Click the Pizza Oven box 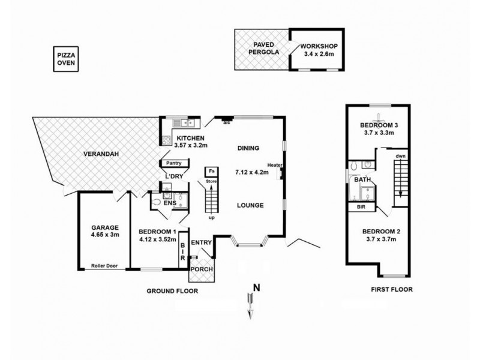pyautogui.click(x=66, y=59)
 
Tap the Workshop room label pyautogui.click(x=319, y=46)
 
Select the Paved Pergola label pyautogui.click(x=263, y=49)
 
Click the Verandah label pyautogui.click(x=101, y=154)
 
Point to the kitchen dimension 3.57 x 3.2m pyautogui.click(x=191, y=145)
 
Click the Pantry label pyautogui.click(x=173, y=163)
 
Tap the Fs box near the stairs pyautogui.click(x=212, y=172)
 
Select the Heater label pyautogui.click(x=275, y=166)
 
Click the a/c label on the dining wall pyautogui.click(x=227, y=123)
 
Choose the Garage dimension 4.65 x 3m pyautogui.click(x=105, y=235)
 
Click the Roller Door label pyautogui.click(x=104, y=266)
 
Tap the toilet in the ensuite pyautogui.click(x=156, y=202)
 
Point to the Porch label pyautogui.click(x=202, y=269)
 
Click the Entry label pyautogui.click(x=201, y=242)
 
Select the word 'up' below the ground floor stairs pyautogui.click(x=212, y=218)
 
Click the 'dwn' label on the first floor pyautogui.click(x=400, y=156)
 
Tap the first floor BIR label pyautogui.click(x=361, y=207)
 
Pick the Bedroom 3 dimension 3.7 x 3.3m pyautogui.click(x=379, y=133)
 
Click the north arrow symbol pyautogui.click(x=251, y=306)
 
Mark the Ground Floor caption pyautogui.click(x=172, y=291)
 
